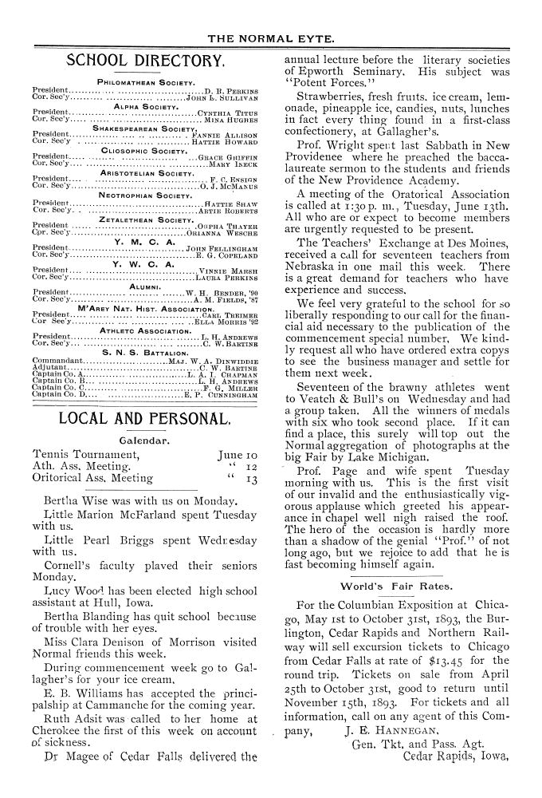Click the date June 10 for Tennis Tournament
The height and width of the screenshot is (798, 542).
pyautogui.click(x=237, y=456)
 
